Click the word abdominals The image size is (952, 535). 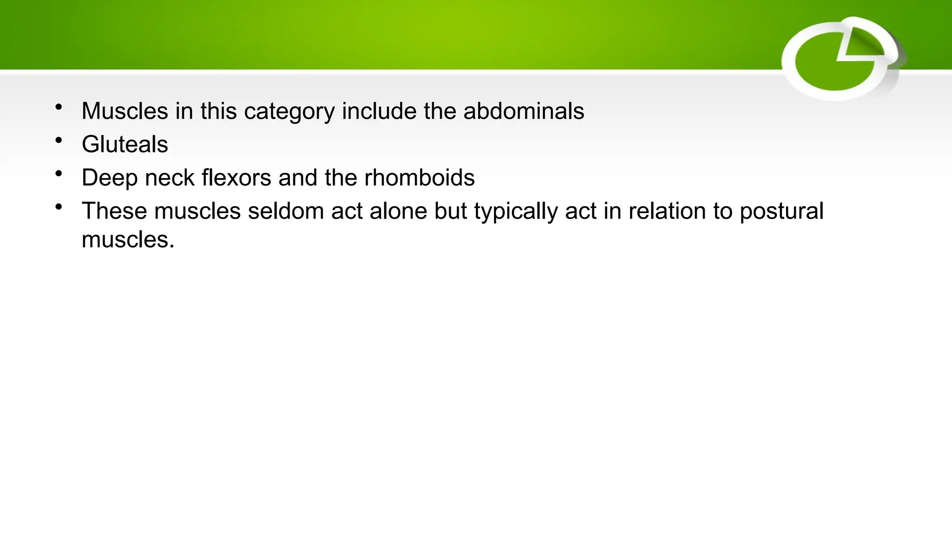(x=523, y=111)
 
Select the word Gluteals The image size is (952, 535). (x=125, y=144)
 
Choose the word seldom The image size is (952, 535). (x=285, y=211)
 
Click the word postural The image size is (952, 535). (x=781, y=212)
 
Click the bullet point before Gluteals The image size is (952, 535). (x=59, y=140)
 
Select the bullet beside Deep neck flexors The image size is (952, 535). (x=59, y=174)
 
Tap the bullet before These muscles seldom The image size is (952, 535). (x=59, y=207)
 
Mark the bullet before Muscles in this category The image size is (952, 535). (x=59, y=107)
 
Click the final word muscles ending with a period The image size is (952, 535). (x=128, y=240)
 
